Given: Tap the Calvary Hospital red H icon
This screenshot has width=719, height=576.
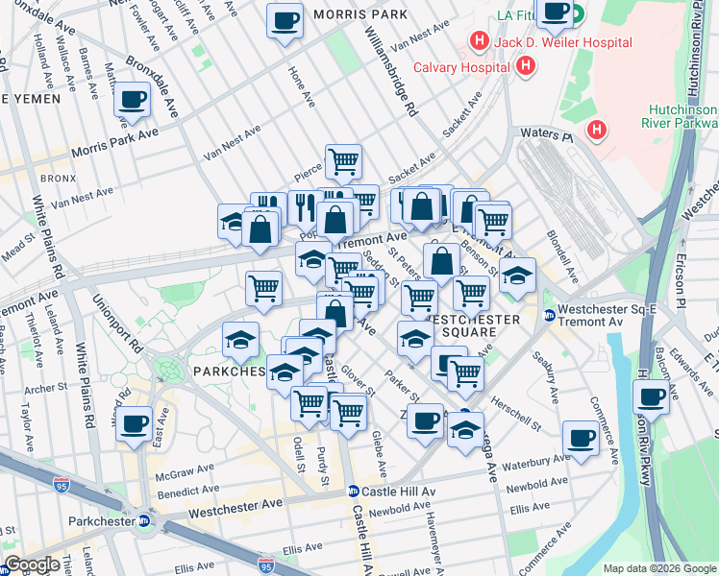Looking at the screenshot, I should [x=525, y=66].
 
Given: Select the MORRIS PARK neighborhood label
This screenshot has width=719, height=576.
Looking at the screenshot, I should [x=359, y=15].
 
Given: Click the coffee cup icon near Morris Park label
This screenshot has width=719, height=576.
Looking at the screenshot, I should [x=285, y=20].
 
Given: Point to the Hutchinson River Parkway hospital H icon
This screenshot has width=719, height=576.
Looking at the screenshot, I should [x=597, y=130].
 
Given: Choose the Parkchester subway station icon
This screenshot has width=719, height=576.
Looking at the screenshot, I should [x=143, y=521].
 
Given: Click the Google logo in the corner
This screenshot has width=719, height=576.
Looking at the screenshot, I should [x=32, y=565].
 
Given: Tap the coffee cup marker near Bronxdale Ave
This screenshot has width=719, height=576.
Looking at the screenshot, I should [x=133, y=99].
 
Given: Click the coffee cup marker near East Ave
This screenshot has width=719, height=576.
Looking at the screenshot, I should [x=135, y=423].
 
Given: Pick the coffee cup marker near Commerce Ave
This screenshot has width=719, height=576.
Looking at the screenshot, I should [x=581, y=438].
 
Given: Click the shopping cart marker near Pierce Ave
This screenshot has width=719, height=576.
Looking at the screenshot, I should [x=343, y=161].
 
